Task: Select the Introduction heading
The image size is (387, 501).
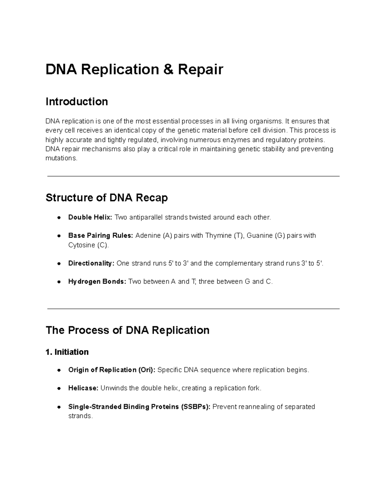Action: click(77, 102)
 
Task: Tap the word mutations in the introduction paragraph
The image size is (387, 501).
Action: click(61, 158)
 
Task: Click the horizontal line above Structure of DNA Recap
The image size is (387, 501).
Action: click(193, 176)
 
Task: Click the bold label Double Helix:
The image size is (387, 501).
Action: click(90, 217)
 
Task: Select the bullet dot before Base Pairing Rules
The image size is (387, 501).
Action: click(59, 236)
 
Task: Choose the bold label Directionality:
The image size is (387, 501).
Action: click(91, 264)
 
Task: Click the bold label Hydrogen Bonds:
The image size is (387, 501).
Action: click(97, 282)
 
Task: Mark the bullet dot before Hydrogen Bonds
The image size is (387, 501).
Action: click(59, 282)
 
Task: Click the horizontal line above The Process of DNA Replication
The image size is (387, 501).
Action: click(193, 309)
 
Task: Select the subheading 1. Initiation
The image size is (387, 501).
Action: click(67, 352)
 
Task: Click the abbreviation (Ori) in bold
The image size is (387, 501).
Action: click(146, 370)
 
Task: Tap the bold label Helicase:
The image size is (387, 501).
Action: click(83, 388)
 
